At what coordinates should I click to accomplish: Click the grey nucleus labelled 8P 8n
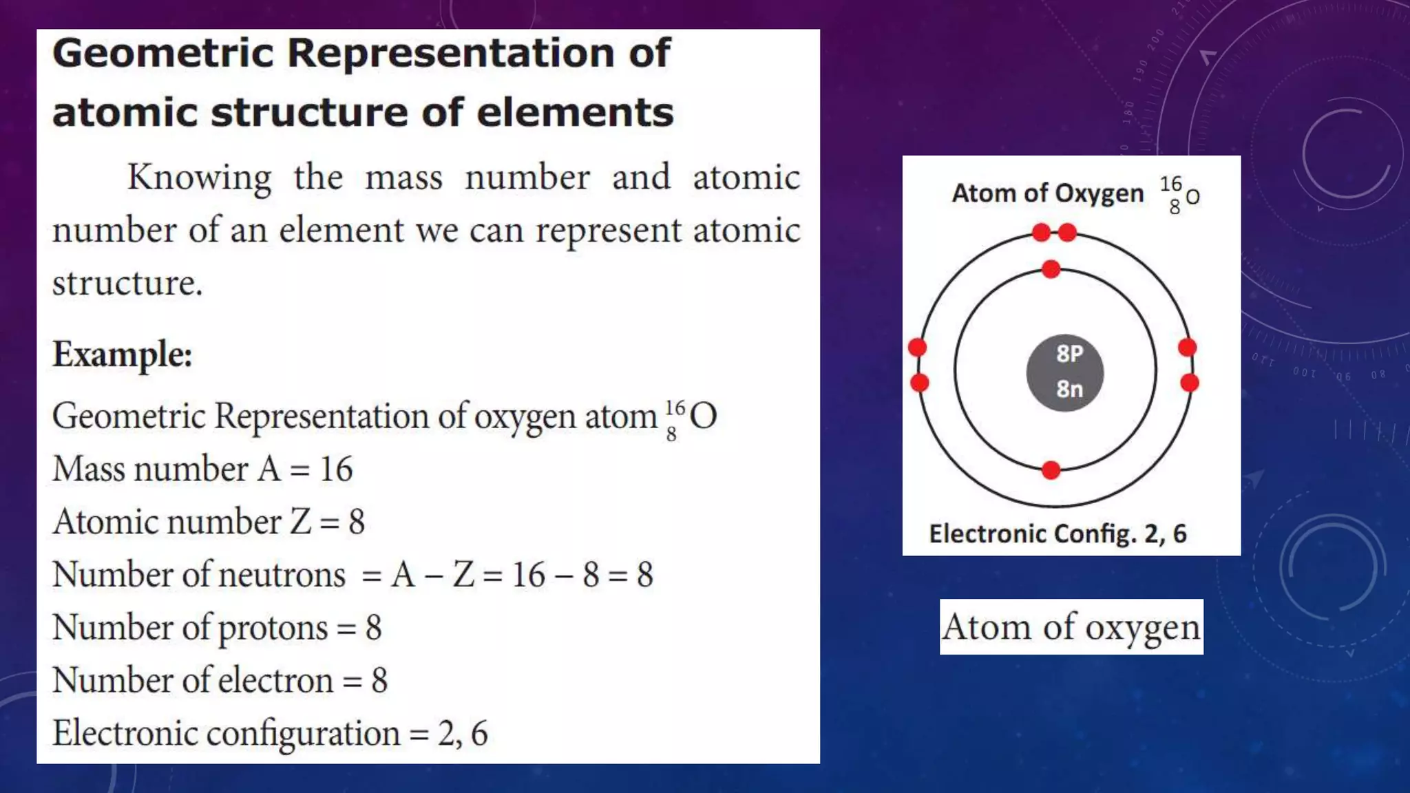point(1064,373)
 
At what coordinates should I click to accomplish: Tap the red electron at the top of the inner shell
point(1051,269)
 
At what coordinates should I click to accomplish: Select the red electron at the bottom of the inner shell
point(1051,470)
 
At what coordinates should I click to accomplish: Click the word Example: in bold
point(123,355)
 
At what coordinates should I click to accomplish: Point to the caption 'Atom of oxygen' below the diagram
point(1071,627)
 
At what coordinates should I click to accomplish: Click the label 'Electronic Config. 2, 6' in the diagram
point(1057,533)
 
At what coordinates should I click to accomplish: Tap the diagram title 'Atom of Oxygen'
point(1047,193)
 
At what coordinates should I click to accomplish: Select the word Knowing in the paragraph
point(200,178)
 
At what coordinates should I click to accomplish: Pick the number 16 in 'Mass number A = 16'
point(336,469)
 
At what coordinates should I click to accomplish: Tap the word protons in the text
point(273,628)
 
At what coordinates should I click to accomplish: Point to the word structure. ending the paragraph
point(127,283)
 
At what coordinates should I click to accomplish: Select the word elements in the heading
point(575,113)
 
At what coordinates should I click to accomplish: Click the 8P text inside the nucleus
point(1069,354)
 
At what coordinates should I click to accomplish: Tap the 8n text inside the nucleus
point(1069,389)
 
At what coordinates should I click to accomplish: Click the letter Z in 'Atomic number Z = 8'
point(301,522)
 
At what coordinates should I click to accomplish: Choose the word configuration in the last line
point(303,734)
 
